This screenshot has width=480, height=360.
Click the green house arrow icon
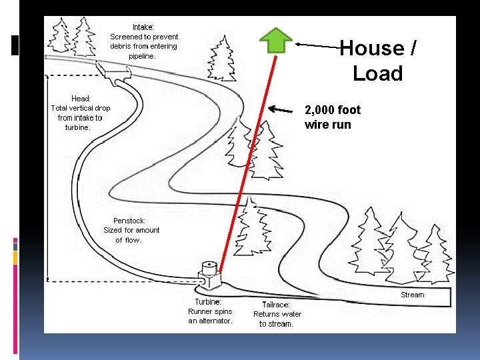click(277, 39)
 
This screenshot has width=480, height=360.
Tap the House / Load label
click(377, 61)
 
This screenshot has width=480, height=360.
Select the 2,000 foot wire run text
click(332, 117)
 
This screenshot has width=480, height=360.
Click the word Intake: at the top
click(143, 27)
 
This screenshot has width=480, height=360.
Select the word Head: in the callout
click(81, 99)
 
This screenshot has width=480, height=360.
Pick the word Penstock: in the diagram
click(129, 221)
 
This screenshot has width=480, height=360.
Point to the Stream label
click(412, 295)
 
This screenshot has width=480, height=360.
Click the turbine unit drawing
click(210, 275)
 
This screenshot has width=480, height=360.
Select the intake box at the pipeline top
click(106, 69)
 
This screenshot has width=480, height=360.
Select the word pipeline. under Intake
click(142, 56)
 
